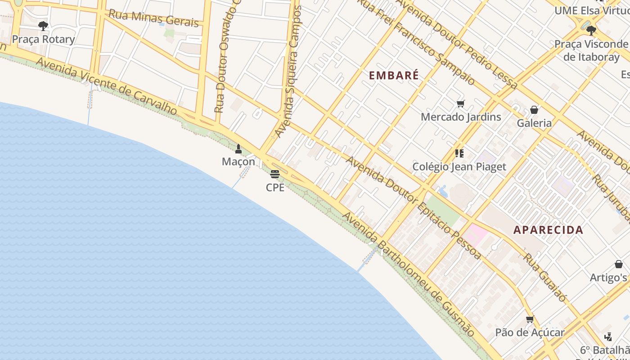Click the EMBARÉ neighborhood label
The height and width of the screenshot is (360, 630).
click(x=394, y=75)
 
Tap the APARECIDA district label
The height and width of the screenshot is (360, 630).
click(x=548, y=230)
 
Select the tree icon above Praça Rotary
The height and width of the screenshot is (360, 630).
click(x=43, y=26)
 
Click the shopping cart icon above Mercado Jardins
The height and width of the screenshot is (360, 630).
click(x=460, y=104)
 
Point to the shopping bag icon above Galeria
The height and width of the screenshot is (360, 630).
click(x=534, y=110)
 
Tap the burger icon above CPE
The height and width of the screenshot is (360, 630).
click(x=275, y=174)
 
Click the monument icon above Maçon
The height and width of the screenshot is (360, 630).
click(x=238, y=149)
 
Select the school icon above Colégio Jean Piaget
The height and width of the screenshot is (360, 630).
click(x=459, y=153)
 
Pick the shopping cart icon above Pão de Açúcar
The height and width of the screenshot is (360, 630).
click(x=530, y=319)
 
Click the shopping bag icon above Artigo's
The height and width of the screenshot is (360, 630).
click(x=619, y=264)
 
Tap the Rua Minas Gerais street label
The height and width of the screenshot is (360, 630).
click(x=153, y=18)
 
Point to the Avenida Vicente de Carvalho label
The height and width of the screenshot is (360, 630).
click(x=107, y=85)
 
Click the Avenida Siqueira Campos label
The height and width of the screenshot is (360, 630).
click(x=288, y=72)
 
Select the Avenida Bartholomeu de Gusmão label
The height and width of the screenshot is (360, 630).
click(x=409, y=274)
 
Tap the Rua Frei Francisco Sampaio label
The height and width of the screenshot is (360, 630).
click(x=416, y=43)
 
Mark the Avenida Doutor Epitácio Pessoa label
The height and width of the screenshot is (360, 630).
click(x=413, y=207)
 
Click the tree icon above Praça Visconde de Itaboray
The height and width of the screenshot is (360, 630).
click(x=591, y=31)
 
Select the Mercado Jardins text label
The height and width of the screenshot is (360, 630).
click(x=461, y=117)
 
